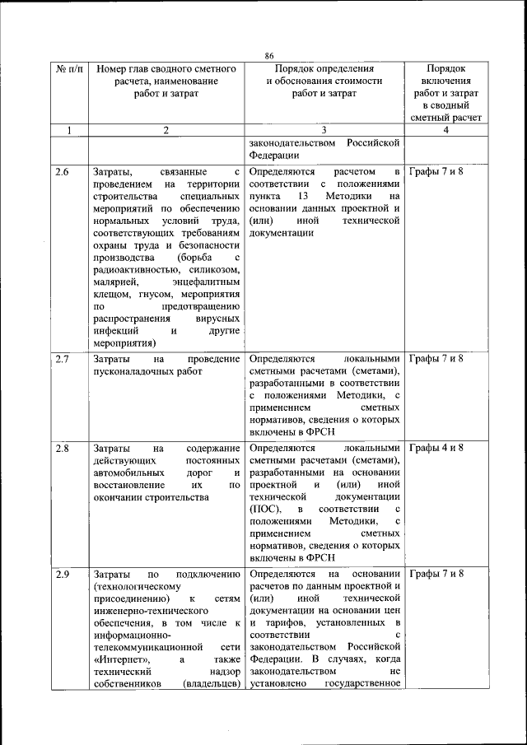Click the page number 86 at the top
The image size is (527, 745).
[268, 55]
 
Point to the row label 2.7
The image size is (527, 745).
[63, 359]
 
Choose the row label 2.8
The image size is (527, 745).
[63, 448]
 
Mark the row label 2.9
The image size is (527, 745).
[63, 574]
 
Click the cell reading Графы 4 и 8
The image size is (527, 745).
[436, 448]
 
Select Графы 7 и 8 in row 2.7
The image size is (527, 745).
[436, 359]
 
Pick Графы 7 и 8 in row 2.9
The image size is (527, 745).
[436, 574]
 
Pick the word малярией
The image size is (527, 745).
[114, 283]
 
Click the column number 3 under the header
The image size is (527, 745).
[324, 130]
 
